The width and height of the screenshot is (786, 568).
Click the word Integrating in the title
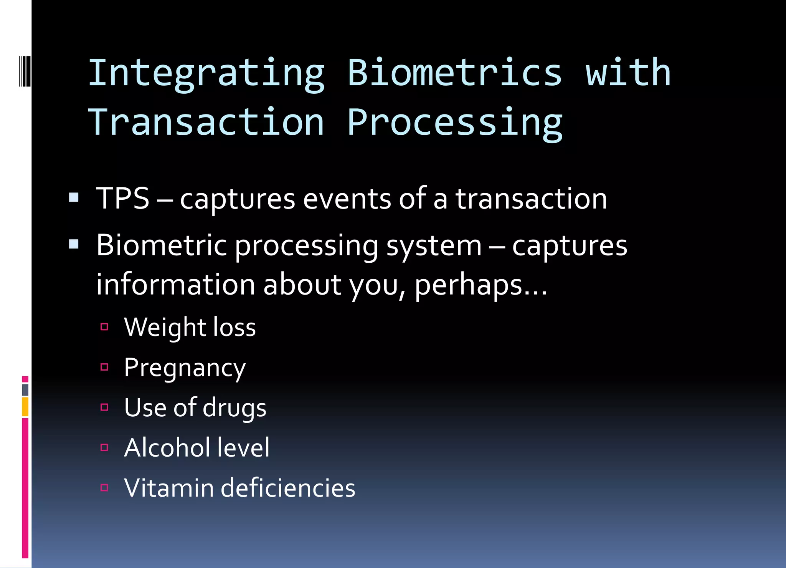pyautogui.click(x=206, y=74)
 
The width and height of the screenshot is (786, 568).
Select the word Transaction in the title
pyautogui.click(x=206, y=122)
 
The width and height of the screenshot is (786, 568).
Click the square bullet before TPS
pyautogui.click(x=74, y=198)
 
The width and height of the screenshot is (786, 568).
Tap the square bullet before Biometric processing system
pyautogui.click(x=74, y=244)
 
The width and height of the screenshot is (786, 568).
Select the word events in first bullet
pyautogui.click(x=347, y=199)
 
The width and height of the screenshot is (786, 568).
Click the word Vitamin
pyautogui.click(x=168, y=488)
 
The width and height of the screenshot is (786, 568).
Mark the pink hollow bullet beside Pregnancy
pyautogui.click(x=104, y=367)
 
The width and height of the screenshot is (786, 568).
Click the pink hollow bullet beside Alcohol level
pyautogui.click(x=104, y=447)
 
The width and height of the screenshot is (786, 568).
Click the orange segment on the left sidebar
pyautogui.click(x=25, y=407)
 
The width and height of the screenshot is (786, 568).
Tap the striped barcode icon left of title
pyautogui.click(x=25, y=71)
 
